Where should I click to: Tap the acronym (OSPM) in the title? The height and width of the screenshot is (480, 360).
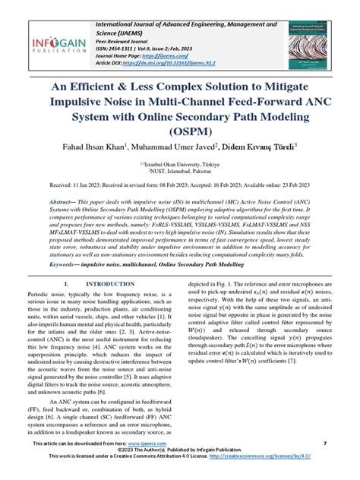[x=180, y=137]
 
